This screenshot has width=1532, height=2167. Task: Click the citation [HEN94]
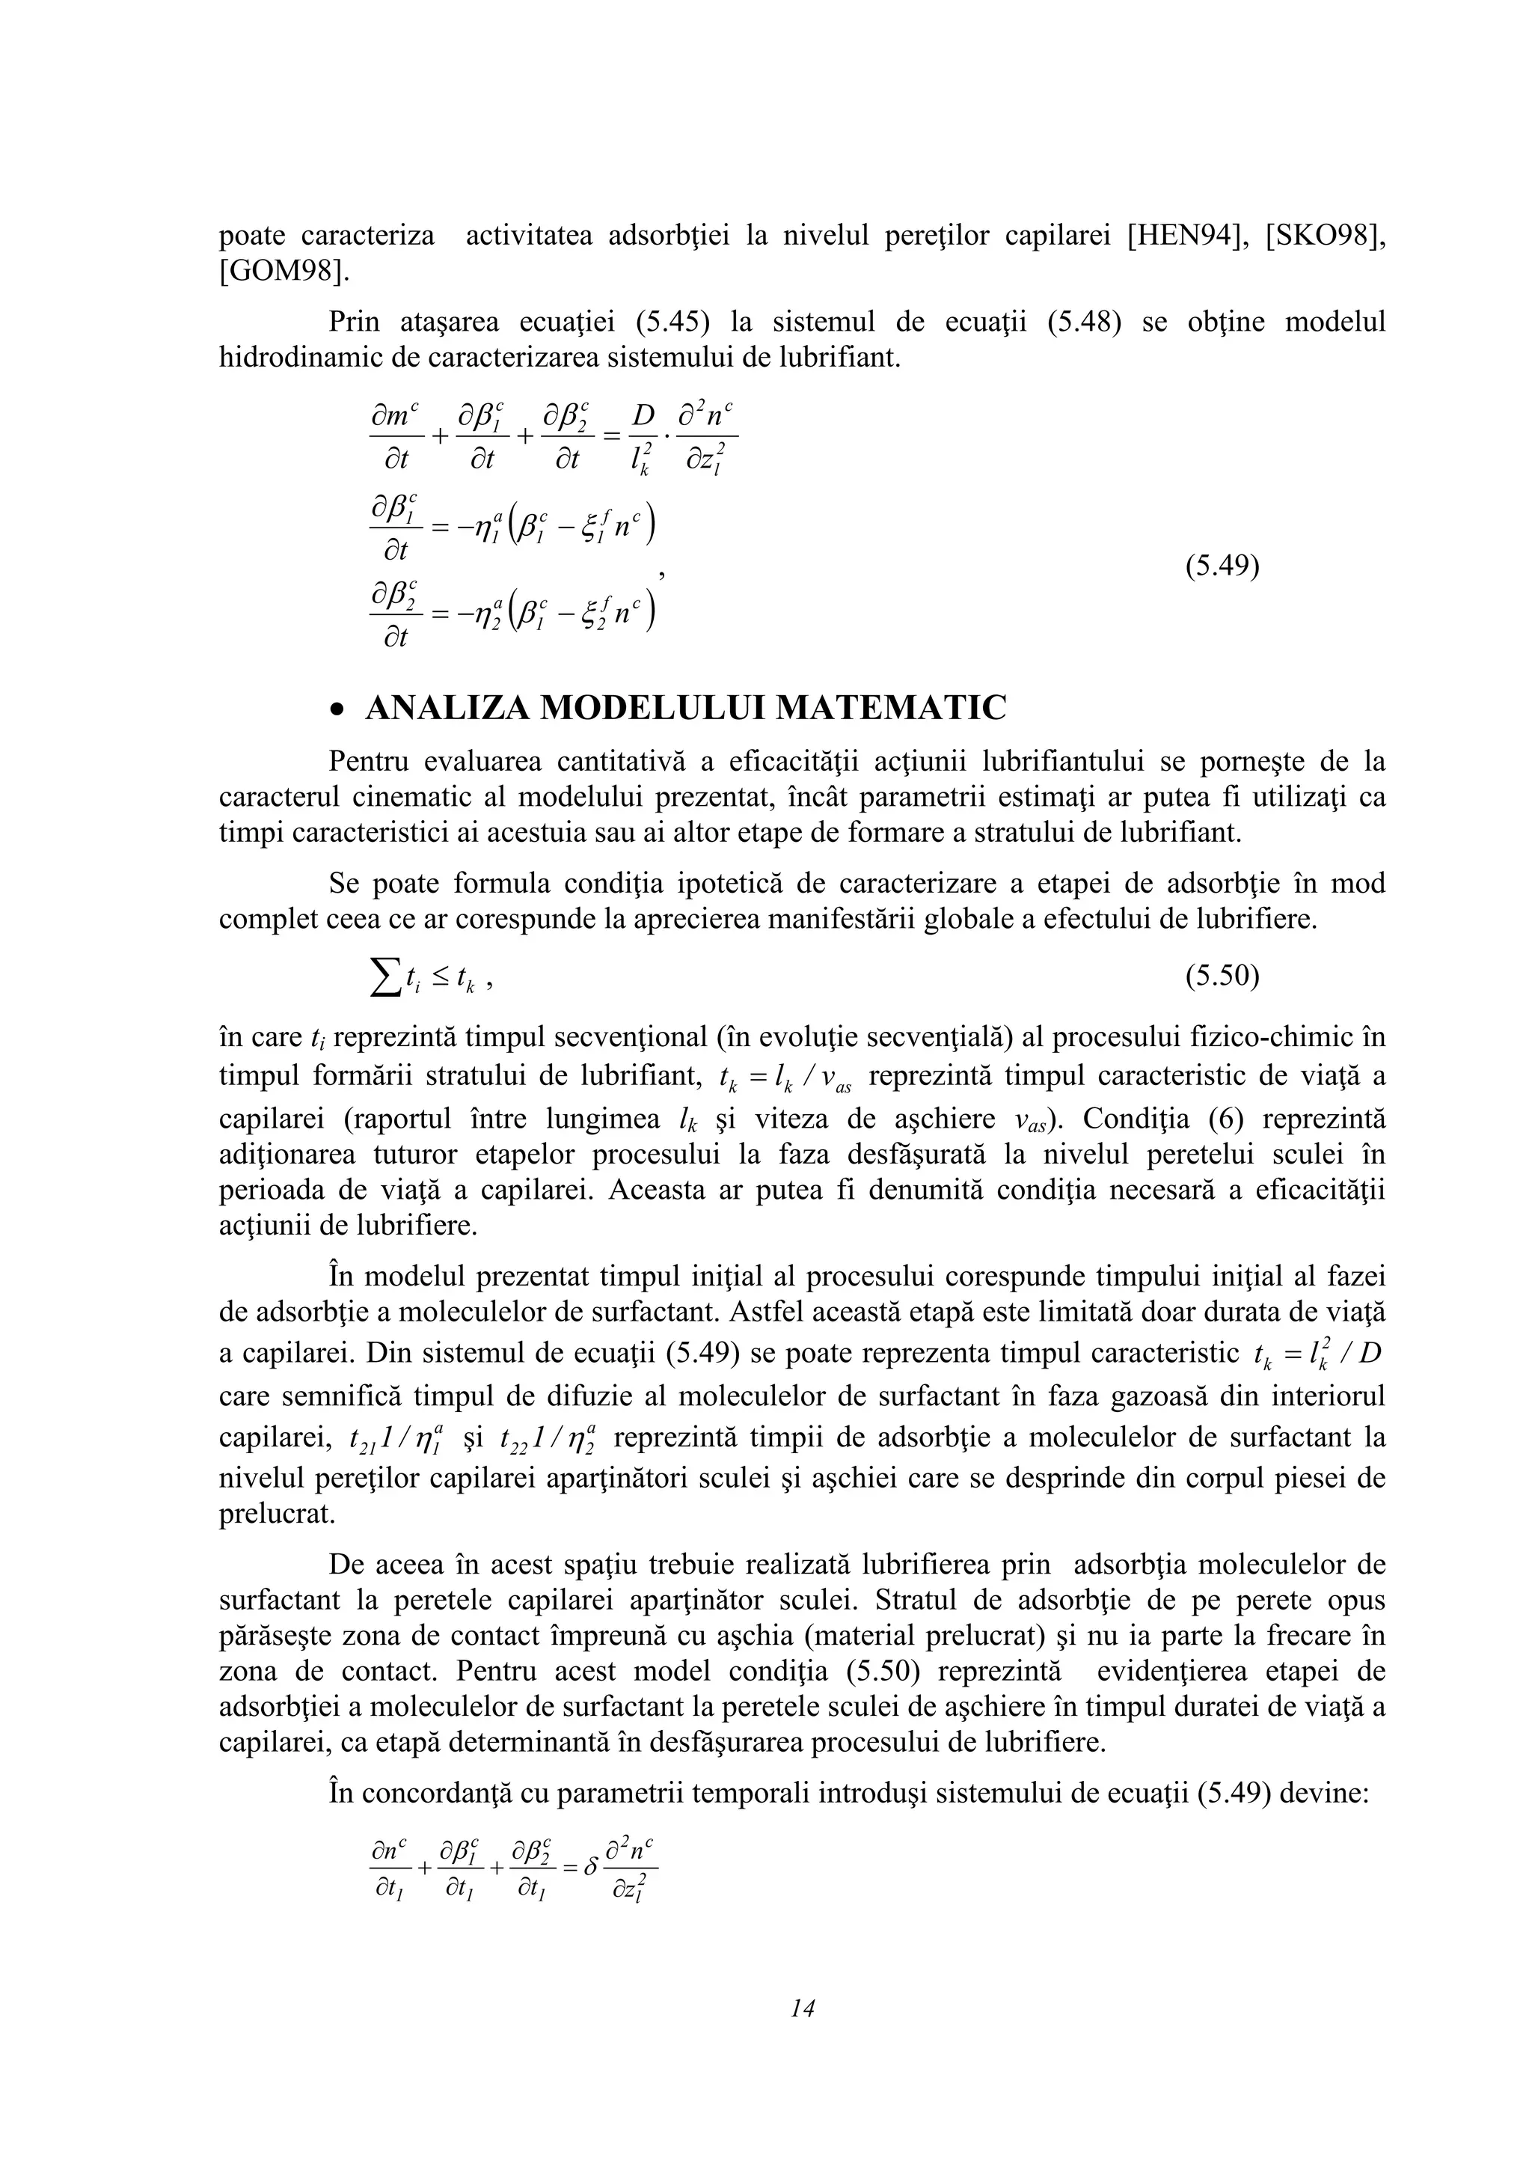click(x=1186, y=235)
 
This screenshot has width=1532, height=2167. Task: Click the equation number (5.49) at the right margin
click(x=1222, y=566)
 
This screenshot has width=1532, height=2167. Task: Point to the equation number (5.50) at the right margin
click(x=1222, y=976)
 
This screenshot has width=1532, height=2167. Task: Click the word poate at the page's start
click(x=251, y=235)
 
